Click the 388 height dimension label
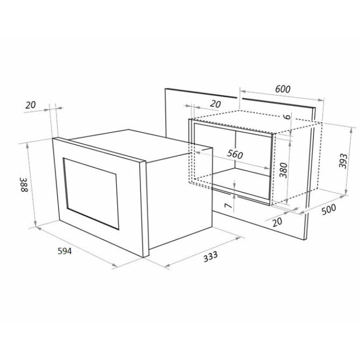click(x=24, y=184)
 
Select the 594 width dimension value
click(x=64, y=251)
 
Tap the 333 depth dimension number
click(x=210, y=257)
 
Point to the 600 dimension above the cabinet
click(x=283, y=89)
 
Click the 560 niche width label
click(x=235, y=154)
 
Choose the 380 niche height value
click(x=283, y=170)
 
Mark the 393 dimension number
click(x=343, y=160)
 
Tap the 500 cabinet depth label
click(x=329, y=209)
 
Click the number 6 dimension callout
click(x=287, y=117)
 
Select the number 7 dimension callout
click(x=228, y=206)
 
